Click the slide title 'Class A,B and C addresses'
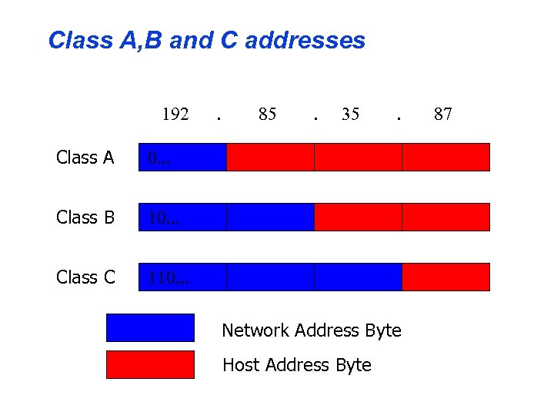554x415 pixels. tap(206, 40)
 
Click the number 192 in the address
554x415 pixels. tap(175, 115)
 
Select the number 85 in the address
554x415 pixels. tap(267, 115)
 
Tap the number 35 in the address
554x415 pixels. tap(350, 115)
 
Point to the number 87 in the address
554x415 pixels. tap(442, 115)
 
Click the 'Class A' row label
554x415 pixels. tap(85, 158)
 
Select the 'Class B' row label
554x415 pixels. tap(85, 217)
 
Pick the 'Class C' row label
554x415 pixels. tap(85, 277)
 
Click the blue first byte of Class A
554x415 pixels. tap(182, 157)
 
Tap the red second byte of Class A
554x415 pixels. tap(270, 157)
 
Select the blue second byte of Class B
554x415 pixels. tap(270, 217)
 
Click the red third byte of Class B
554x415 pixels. tap(358, 217)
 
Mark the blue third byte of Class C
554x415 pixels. tap(358, 277)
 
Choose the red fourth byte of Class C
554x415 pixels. tap(446, 277)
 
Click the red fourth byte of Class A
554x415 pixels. tap(446, 157)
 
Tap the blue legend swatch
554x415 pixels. tap(150, 327)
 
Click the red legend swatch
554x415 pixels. tap(150, 364)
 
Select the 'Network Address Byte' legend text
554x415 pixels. tap(312, 330)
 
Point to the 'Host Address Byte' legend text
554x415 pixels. tap(296, 365)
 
